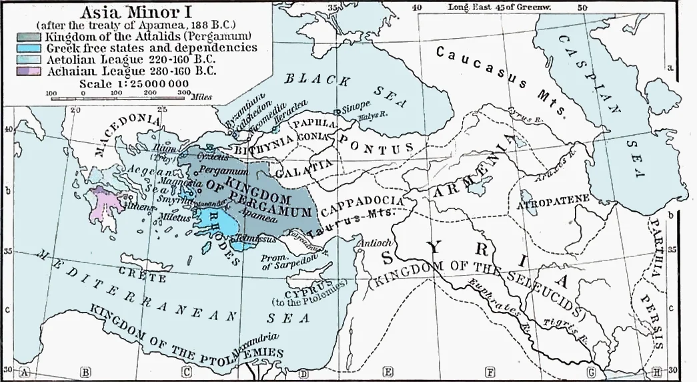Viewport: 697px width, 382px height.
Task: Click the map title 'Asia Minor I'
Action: (136, 11)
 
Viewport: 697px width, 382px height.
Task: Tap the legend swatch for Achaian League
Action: (31, 69)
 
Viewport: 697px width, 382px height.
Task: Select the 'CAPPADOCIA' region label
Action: (363, 204)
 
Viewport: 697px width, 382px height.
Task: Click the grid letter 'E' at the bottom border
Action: (388, 373)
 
